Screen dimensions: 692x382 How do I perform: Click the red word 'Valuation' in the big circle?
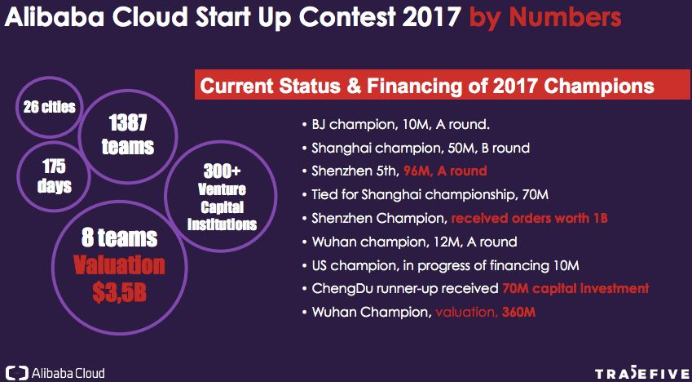coord(119,266)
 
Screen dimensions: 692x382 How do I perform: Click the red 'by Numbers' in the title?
coord(545,18)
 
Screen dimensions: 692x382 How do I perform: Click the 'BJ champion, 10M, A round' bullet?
coord(396,124)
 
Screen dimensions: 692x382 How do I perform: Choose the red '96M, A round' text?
coord(445,171)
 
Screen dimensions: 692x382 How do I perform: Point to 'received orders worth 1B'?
coord(529,218)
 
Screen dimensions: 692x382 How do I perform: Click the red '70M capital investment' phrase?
coord(575,289)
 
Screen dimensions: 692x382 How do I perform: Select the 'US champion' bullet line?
coord(440,266)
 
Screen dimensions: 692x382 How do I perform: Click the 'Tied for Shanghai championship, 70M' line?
coord(425,194)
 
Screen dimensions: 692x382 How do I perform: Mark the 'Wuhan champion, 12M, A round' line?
coord(409,242)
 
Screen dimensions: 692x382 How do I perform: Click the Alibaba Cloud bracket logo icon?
coord(18,372)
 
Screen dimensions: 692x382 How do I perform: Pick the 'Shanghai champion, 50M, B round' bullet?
coord(416,148)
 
